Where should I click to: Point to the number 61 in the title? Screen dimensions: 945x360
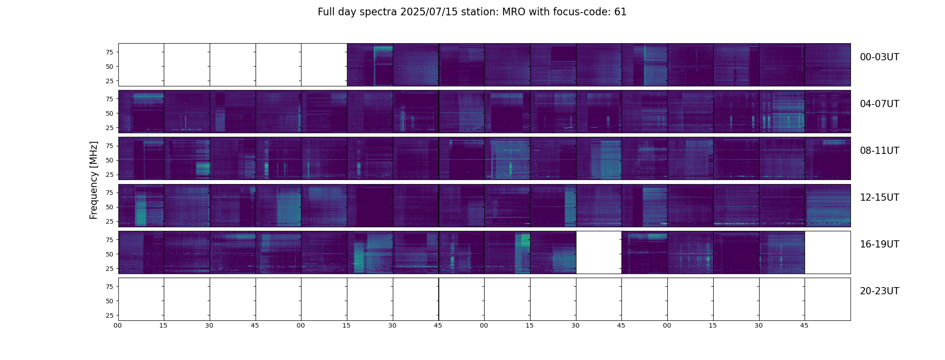coord(620,12)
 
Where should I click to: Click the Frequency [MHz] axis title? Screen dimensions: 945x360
coord(94,180)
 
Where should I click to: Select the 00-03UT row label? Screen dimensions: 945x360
coord(879,57)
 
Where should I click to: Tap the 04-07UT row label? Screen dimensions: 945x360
coord(879,104)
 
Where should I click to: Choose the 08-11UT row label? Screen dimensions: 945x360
coord(879,151)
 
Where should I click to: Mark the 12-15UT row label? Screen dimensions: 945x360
coord(879,198)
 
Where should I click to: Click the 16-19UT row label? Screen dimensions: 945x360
coord(879,244)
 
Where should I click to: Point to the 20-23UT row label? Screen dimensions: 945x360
coord(879,291)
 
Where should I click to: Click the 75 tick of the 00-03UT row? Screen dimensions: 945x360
coord(109,52)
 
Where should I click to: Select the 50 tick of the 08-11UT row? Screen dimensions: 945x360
coord(109,160)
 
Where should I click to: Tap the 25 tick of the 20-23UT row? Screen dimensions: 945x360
coord(109,315)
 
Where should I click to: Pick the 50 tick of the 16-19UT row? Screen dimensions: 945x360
coord(109,254)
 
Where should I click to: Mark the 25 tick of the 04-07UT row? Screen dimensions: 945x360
coord(109,128)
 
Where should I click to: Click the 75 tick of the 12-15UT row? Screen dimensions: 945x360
coord(109,193)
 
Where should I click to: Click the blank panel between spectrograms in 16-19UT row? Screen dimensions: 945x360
coord(598,252)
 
